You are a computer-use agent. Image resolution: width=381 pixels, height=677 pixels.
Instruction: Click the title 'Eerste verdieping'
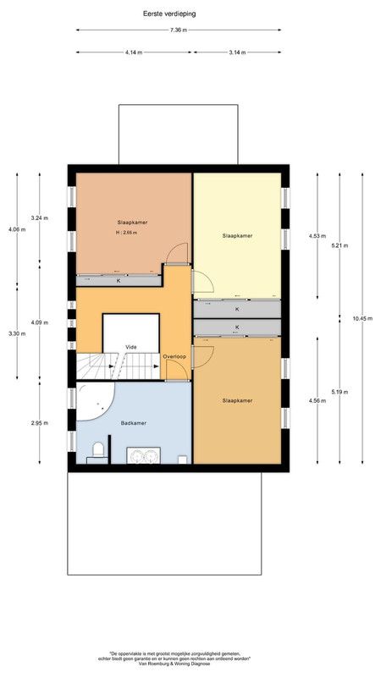[169, 14]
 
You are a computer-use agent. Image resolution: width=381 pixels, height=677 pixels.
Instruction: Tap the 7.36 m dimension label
[179, 30]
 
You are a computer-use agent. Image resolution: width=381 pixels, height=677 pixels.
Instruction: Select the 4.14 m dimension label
[134, 52]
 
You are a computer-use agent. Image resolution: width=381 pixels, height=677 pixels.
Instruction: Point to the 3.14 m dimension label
[237, 52]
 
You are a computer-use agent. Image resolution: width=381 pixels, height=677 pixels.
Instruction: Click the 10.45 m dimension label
[362, 319]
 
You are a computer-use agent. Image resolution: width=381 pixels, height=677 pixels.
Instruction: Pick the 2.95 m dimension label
[39, 423]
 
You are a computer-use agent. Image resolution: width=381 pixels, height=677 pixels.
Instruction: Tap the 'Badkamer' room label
[134, 423]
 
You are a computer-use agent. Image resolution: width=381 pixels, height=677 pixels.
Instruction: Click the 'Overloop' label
[174, 356]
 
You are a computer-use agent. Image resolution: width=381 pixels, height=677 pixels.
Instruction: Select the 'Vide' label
[131, 347]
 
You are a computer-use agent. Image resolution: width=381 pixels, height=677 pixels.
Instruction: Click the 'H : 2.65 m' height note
[126, 233]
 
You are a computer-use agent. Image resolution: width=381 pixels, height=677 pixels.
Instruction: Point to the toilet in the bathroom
[98, 452]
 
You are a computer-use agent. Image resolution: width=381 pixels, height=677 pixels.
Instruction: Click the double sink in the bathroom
[143, 455]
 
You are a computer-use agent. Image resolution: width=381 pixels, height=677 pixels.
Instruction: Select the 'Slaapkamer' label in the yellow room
[237, 236]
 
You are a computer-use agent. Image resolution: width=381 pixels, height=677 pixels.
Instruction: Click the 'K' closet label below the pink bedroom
[119, 281]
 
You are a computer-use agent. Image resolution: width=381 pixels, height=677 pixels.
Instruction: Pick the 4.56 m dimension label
[317, 400]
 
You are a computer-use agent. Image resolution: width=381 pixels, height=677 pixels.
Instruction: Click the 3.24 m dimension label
[39, 218]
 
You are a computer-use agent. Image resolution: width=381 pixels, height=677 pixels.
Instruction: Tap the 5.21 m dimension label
[340, 245]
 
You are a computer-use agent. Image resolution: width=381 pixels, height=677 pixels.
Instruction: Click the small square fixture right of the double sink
[182, 460]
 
